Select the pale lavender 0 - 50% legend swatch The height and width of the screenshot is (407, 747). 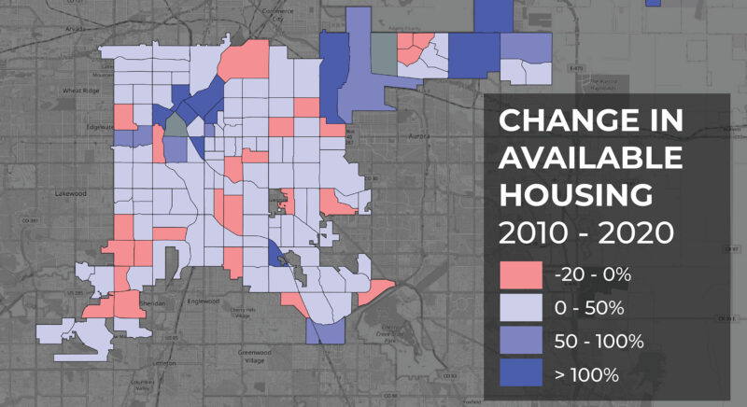tap(520, 308)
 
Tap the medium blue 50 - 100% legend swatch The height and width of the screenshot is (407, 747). tap(520, 342)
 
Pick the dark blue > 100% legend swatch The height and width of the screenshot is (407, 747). tap(520, 375)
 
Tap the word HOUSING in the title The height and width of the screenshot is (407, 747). tap(574, 195)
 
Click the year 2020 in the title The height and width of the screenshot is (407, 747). tap(629, 232)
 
